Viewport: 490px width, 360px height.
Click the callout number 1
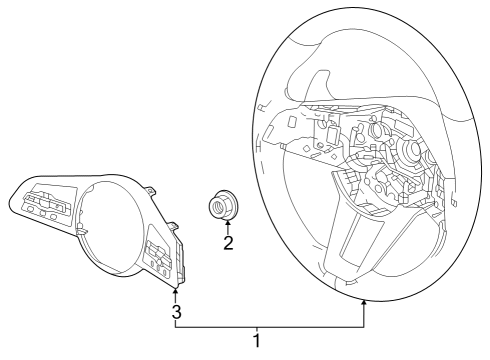(258, 341)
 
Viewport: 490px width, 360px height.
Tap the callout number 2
(228, 243)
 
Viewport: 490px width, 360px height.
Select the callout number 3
(175, 312)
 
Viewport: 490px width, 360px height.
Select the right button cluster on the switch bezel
(160, 258)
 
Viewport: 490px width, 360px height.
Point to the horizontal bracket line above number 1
(270, 326)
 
